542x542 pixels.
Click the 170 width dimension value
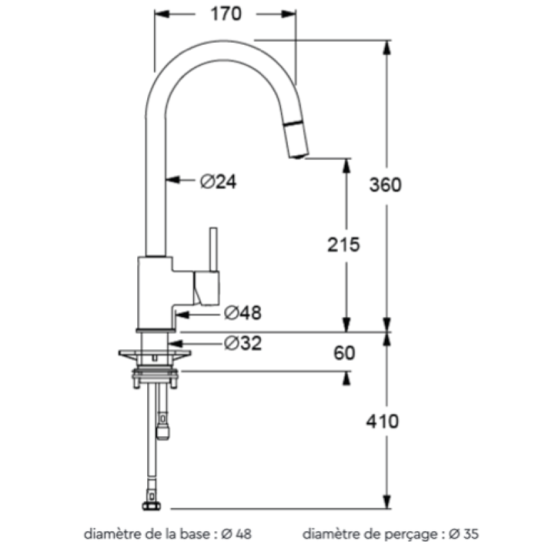(x=225, y=14)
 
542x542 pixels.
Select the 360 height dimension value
(x=385, y=185)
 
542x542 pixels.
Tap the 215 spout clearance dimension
(x=343, y=245)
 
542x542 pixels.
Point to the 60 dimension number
(x=345, y=353)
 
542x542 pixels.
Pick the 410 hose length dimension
(x=382, y=422)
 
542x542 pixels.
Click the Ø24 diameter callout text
(x=218, y=181)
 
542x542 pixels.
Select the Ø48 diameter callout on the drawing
(x=243, y=313)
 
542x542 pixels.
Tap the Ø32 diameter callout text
(x=243, y=343)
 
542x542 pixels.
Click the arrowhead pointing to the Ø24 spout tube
(x=173, y=180)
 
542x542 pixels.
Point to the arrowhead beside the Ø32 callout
(x=175, y=343)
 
